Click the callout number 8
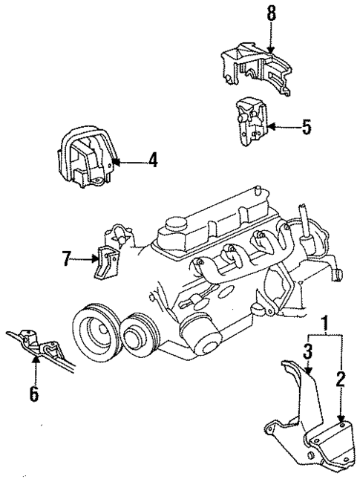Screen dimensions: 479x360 (271, 14)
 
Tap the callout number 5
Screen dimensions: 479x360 (306, 127)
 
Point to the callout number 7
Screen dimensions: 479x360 (66, 259)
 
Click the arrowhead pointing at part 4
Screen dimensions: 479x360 (112, 160)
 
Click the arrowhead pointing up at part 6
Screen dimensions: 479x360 (34, 361)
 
